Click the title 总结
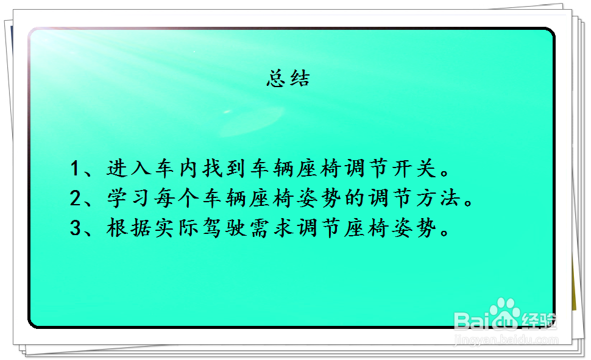click(x=288, y=79)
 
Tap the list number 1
click(x=74, y=168)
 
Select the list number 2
click(x=76, y=198)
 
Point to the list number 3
click(x=76, y=228)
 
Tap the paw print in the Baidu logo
click(x=504, y=314)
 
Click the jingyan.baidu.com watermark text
click(x=506, y=340)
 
